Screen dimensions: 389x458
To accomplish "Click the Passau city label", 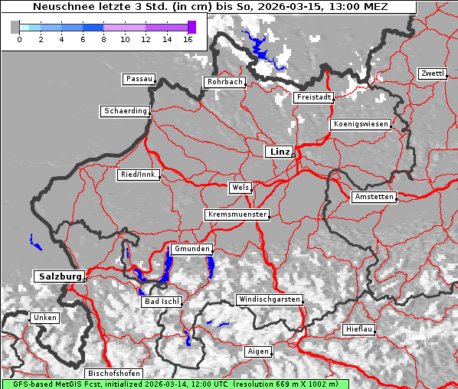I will click(x=139, y=79).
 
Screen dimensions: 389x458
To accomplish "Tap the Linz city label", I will click(x=279, y=152).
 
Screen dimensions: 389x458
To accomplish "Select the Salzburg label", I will click(x=58, y=276).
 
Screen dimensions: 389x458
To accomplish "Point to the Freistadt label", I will click(x=313, y=97).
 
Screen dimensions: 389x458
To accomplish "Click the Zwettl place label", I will click(x=432, y=74).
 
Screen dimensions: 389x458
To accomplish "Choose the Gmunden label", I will click(x=191, y=249).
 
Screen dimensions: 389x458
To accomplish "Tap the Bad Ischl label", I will click(x=162, y=302).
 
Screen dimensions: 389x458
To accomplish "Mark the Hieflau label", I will click(x=359, y=329).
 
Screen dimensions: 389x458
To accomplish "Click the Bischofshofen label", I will click(x=113, y=373).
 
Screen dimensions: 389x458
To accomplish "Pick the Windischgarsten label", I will click(x=269, y=299).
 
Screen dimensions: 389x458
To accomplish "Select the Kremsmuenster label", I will click(x=237, y=214).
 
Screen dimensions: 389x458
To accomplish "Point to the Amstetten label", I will click(x=374, y=197).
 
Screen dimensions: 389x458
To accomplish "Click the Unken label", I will click(x=44, y=317).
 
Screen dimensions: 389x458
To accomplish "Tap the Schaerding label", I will click(x=125, y=111).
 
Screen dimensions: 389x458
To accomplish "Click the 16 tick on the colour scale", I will click(x=188, y=39).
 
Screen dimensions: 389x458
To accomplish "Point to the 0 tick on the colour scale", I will click(x=18, y=39).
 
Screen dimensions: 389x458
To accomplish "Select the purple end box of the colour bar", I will click(x=191, y=27).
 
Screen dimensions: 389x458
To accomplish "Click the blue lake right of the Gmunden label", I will click(x=210, y=266).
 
